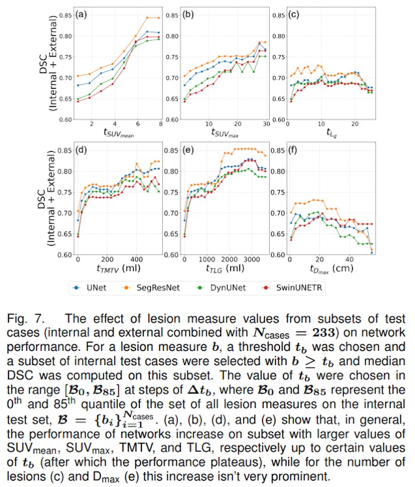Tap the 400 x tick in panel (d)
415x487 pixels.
tap(137, 257)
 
